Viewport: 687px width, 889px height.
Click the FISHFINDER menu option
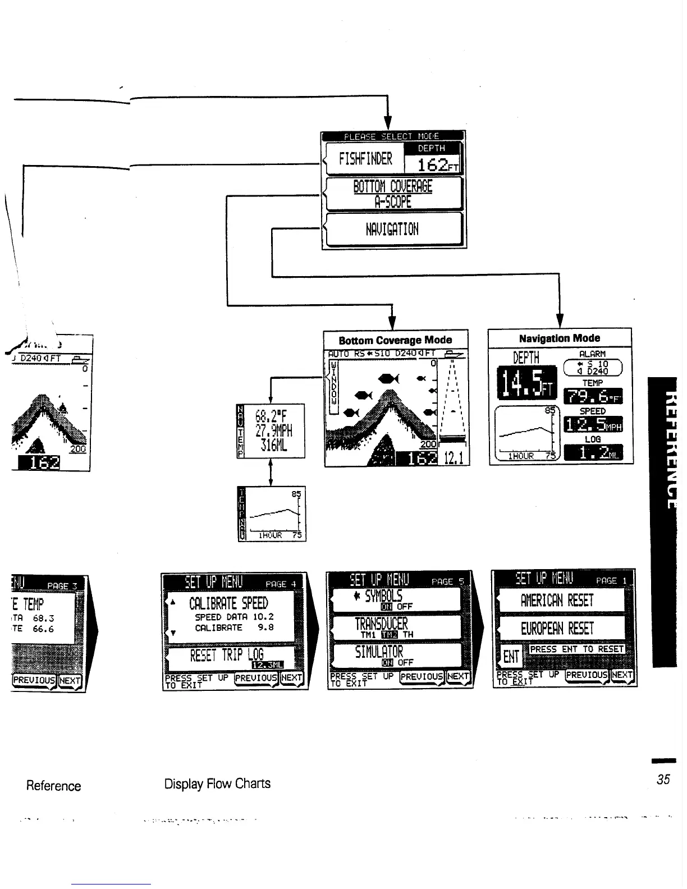(365, 159)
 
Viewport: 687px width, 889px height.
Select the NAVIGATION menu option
(392, 229)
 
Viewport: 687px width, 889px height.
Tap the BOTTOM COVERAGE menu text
(393, 186)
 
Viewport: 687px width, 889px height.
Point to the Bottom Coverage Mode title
(395, 340)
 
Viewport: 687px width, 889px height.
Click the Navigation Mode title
(559, 338)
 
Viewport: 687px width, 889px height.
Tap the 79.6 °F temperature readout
(593, 397)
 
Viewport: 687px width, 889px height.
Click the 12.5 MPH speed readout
(593, 425)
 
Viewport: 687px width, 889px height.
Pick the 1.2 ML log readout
(593, 453)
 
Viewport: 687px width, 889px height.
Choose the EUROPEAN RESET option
(557, 629)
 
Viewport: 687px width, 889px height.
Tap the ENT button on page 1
(511, 656)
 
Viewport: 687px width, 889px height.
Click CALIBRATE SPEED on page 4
(228, 604)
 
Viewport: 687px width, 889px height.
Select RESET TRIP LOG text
(227, 655)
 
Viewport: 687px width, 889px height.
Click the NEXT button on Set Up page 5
(458, 676)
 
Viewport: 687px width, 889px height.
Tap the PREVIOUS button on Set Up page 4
(256, 677)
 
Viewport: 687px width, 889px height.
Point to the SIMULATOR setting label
(379, 652)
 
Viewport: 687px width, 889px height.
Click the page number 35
(663, 780)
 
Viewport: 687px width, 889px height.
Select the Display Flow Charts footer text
(217, 783)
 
